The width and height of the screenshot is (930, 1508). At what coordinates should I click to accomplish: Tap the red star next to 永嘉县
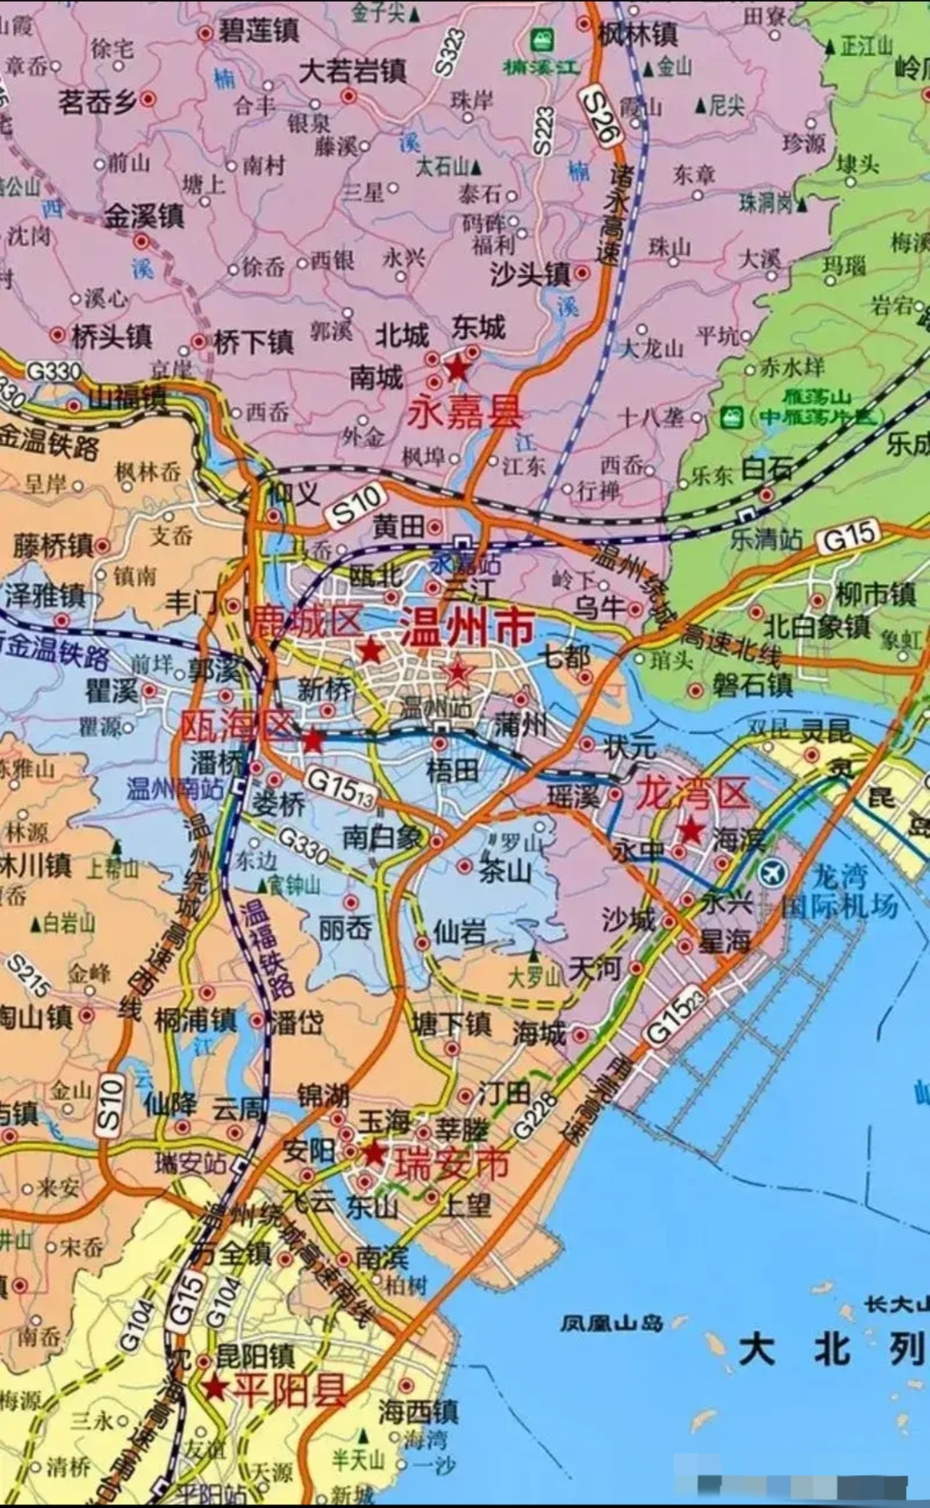click(456, 369)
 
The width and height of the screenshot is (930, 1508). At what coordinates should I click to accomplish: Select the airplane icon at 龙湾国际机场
click(773, 873)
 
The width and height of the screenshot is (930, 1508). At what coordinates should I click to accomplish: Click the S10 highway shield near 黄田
click(356, 506)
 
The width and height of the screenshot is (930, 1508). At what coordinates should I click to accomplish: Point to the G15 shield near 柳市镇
click(849, 537)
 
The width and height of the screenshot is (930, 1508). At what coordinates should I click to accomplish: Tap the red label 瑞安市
click(452, 1164)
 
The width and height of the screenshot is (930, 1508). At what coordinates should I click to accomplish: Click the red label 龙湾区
click(692, 793)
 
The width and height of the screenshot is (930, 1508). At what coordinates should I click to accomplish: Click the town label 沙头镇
click(530, 274)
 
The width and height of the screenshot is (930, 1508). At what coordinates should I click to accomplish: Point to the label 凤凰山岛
click(611, 1321)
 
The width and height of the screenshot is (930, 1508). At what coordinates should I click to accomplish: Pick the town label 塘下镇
click(452, 1023)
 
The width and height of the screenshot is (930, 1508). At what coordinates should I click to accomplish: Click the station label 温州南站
click(175, 788)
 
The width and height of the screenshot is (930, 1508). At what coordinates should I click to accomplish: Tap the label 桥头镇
click(110, 336)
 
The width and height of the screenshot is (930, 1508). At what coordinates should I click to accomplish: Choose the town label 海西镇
click(418, 1410)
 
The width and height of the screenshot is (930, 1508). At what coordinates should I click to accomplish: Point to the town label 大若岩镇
click(352, 71)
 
